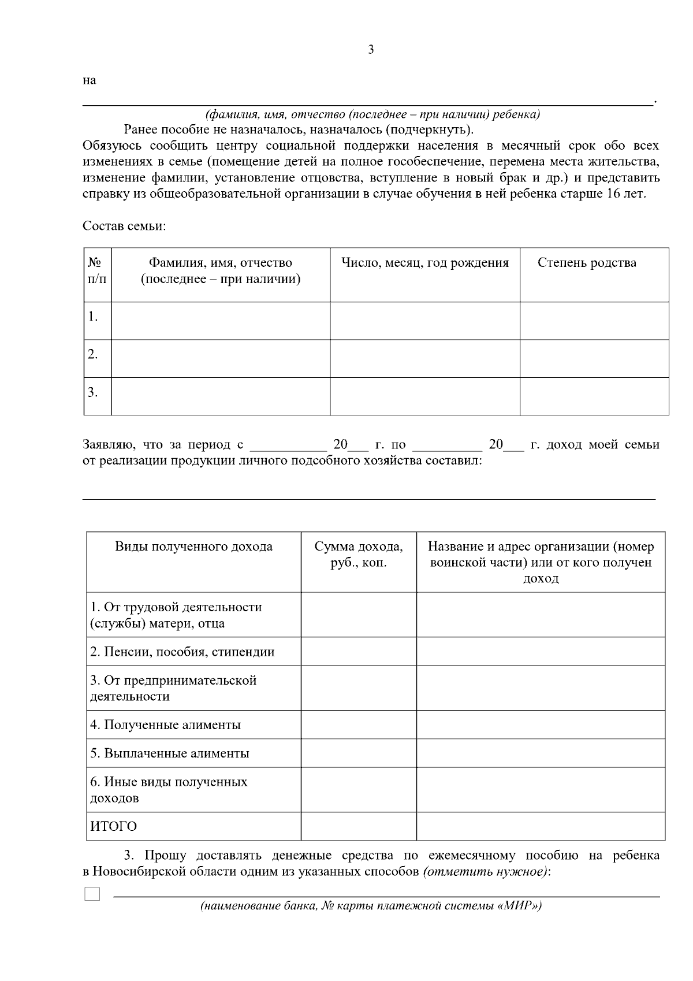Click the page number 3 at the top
point(371,50)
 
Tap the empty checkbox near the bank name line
point(92,894)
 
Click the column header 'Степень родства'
point(587,263)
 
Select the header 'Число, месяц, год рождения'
point(425,263)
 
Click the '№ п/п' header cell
point(97,271)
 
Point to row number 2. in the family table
point(93,354)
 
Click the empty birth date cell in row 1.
point(425,321)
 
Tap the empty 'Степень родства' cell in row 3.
point(594,396)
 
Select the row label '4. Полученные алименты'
point(165,725)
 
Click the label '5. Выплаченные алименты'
point(170,753)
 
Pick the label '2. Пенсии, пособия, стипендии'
point(182,652)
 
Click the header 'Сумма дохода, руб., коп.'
point(359,555)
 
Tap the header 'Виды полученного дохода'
point(194,547)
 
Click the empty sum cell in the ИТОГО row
point(359,826)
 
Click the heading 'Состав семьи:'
point(124,226)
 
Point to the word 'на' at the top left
point(89,81)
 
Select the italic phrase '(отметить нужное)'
point(486,872)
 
